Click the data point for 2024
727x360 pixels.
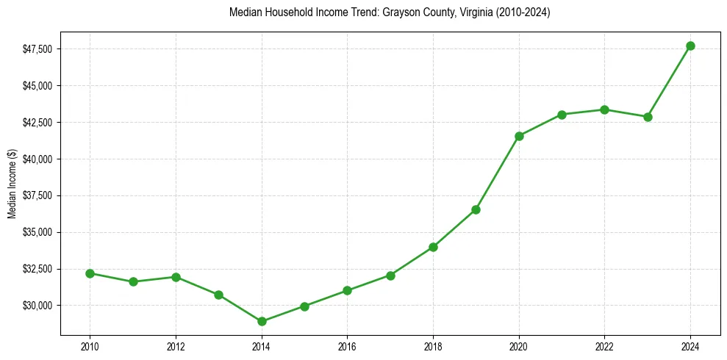click(x=690, y=46)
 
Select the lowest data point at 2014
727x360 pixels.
click(x=262, y=321)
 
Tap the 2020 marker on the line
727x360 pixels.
click(x=519, y=136)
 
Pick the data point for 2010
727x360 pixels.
click(x=90, y=273)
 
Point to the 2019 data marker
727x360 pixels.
click(x=476, y=209)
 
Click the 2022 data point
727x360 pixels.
click(x=604, y=109)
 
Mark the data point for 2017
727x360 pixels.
click(x=390, y=276)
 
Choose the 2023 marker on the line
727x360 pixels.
click(x=648, y=117)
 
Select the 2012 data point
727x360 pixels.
click(x=176, y=277)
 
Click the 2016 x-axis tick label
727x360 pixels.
click(x=347, y=347)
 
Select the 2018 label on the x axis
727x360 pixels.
click(x=433, y=347)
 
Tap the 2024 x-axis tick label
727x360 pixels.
click(x=690, y=347)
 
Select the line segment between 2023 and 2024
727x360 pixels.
click(x=669, y=81)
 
